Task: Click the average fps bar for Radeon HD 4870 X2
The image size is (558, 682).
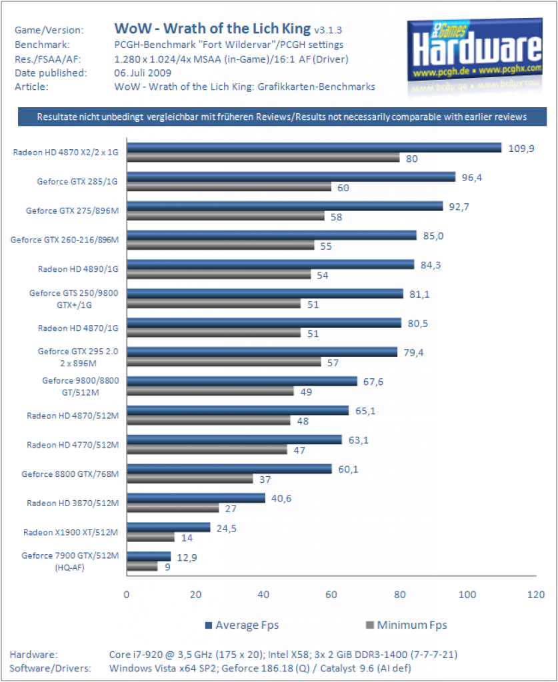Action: click(x=314, y=148)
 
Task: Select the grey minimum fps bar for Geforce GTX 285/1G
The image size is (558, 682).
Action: click(x=229, y=187)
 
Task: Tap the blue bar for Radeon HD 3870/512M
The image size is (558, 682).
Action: click(x=196, y=498)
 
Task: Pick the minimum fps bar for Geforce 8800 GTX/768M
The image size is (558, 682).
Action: click(x=190, y=479)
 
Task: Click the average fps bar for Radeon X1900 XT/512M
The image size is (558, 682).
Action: click(x=169, y=527)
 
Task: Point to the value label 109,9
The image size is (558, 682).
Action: click(x=521, y=149)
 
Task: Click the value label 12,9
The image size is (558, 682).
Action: click(x=187, y=557)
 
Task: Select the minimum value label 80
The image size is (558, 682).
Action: click(x=412, y=159)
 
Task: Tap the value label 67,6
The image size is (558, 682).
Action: click(x=373, y=382)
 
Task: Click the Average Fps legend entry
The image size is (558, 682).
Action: click(x=242, y=625)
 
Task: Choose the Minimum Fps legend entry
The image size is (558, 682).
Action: click(x=407, y=625)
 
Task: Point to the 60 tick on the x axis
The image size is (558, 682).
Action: click(x=331, y=595)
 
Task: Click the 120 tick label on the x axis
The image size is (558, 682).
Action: click(x=536, y=595)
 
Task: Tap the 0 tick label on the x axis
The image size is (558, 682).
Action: click(x=126, y=595)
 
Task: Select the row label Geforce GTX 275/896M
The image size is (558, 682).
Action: click(x=72, y=210)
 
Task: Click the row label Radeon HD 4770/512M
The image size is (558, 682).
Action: click(x=73, y=444)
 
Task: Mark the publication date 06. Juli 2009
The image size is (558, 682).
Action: click(x=143, y=73)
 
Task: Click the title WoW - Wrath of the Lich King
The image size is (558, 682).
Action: click(x=213, y=29)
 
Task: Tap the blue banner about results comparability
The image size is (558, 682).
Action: click(x=282, y=117)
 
